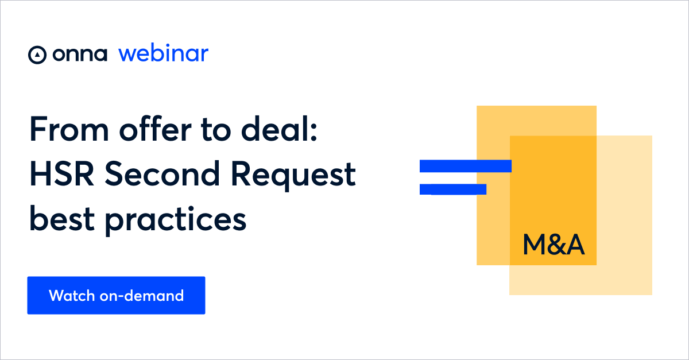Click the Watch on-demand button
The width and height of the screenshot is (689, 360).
(116, 295)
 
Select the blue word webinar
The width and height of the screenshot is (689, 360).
(164, 54)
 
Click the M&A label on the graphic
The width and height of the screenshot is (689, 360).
(553, 245)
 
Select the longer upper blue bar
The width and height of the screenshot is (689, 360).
(465, 166)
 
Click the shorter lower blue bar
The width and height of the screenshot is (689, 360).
(453, 189)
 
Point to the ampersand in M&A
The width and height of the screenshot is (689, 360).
(556, 245)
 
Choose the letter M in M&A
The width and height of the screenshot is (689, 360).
(535, 245)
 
